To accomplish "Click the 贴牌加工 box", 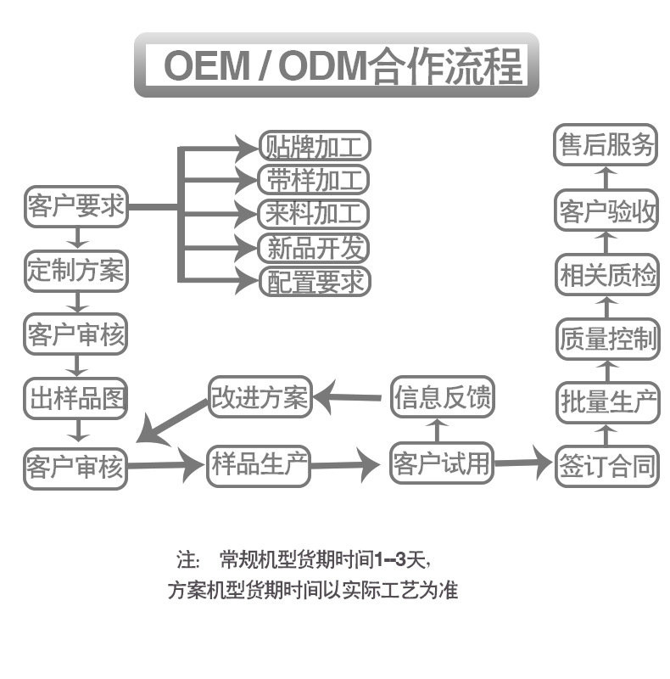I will [x=315, y=148].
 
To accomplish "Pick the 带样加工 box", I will [x=315, y=180].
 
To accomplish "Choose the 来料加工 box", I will [x=315, y=213].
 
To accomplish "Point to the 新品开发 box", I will [x=315, y=247].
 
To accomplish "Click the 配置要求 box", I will [x=315, y=281].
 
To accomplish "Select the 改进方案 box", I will [x=260, y=397].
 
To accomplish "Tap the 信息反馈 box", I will [x=442, y=398].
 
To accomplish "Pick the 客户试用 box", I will [x=442, y=463].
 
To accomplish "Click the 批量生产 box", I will [x=607, y=403].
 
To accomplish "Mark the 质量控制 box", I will [x=607, y=339].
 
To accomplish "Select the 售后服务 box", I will [x=607, y=146].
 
